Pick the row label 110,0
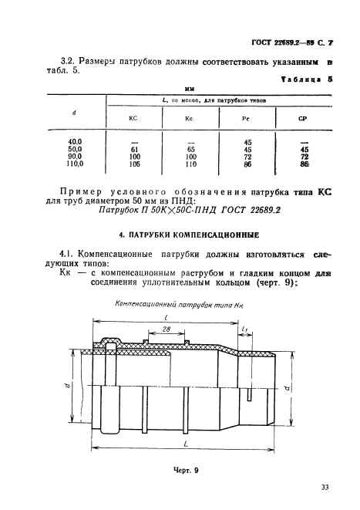point(75,164)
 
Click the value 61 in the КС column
point(134,150)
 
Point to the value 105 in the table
point(134,164)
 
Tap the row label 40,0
point(75,142)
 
